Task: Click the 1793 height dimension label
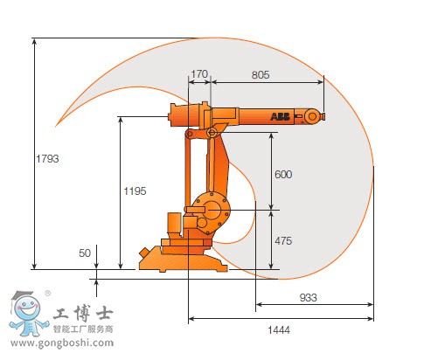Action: click(x=48, y=158)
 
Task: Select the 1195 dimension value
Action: click(x=134, y=190)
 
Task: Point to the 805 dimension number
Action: click(x=261, y=75)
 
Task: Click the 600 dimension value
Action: click(x=283, y=174)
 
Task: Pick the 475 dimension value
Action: click(x=283, y=240)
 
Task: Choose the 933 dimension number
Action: click(x=308, y=298)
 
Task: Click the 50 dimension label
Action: click(x=85, y=253)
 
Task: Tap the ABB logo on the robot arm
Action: click(x=280, y=115)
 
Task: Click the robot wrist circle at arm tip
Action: click(x=313, y=115)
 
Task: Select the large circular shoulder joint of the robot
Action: click(x=210, y=208)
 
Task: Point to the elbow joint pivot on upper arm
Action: click(x=212, y=132)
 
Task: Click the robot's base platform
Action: click(x=179, y=258)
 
